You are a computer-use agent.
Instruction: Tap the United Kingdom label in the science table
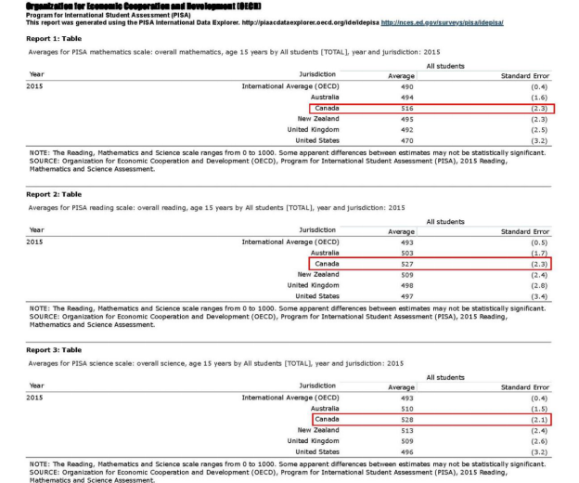coord(313,440)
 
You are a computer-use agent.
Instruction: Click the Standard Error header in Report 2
coord(524,231)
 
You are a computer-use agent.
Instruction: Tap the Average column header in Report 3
coord(401,386)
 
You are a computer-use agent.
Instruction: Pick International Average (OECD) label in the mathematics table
coord(290,86)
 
